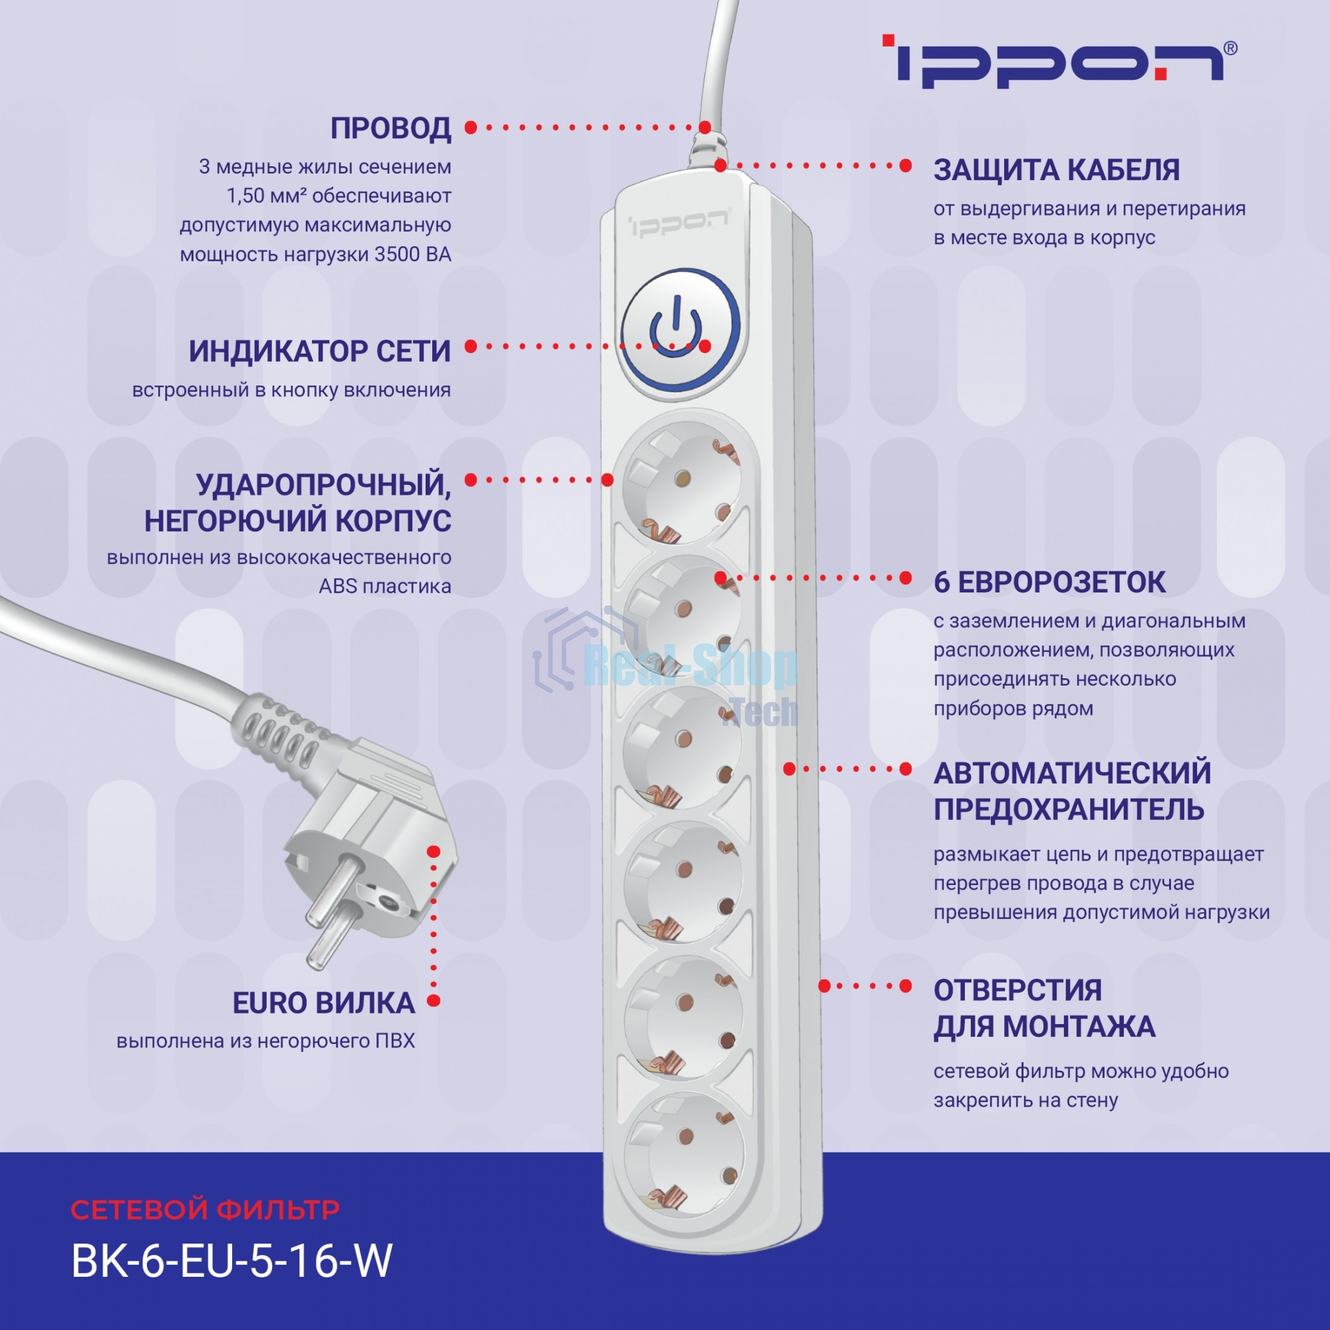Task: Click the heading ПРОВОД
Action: (x=390, y=129)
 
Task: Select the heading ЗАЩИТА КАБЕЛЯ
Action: (x=1056, y=170)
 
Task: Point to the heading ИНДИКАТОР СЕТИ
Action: (x=319, y=352)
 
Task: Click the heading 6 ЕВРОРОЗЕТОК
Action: (x=1049, y=583)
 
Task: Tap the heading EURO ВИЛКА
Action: (x=324, y=1003)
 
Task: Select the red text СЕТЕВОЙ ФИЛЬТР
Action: (x=205, y=1210)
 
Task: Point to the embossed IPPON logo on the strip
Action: (x=678, y=223)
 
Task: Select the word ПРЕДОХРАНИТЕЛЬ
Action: (x=1069, y=809)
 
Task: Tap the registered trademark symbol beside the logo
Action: (x=1231, y=48)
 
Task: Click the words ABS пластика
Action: (x=385, y=587)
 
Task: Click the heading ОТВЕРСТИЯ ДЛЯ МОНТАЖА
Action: (x=1043, y=1008)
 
